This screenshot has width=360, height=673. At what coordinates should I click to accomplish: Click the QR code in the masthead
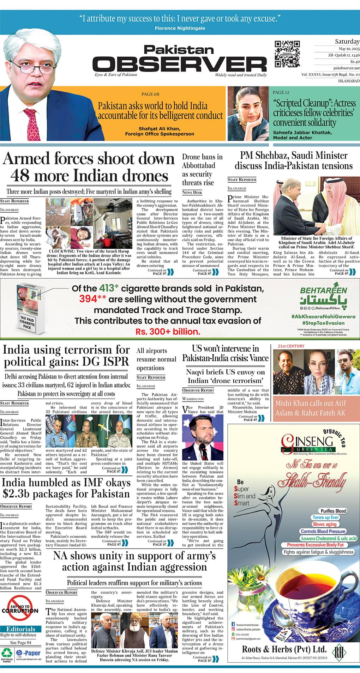(287, 54)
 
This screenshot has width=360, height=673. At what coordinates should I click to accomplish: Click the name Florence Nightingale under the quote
(180, 28)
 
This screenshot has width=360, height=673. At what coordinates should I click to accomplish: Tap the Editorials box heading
(21, 629)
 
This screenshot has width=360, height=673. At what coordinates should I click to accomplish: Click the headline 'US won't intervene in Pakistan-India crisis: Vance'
(225, 353)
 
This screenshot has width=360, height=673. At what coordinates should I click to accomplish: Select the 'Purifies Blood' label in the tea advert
(333, 511)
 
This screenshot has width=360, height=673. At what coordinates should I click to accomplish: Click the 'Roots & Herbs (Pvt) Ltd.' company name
(284, 649)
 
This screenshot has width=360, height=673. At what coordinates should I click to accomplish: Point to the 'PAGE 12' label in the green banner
(281, 92)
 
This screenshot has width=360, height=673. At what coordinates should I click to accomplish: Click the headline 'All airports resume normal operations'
(156, 359)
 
